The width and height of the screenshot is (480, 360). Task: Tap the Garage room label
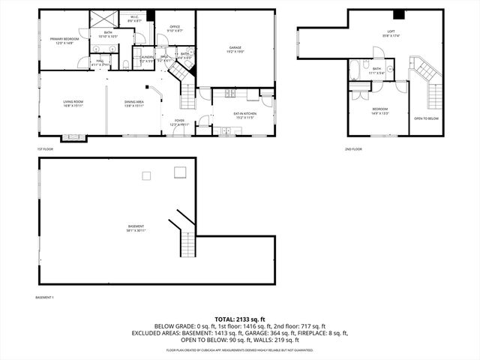[235, 48]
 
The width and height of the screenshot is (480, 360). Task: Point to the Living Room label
[73, 102]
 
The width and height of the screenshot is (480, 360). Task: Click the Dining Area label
[134, 102]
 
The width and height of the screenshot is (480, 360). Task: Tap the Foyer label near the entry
[179, 121]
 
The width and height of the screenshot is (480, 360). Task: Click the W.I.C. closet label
[134, 16]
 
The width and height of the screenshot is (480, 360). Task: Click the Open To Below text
[426, 118]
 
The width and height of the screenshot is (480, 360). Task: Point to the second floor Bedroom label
[380, 110]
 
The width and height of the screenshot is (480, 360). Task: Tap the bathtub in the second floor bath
[353, 72]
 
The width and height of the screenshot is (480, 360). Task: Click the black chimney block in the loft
[398, 14]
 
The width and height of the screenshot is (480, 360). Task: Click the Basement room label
[136, 227]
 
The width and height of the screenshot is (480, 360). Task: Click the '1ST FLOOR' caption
[45, 149]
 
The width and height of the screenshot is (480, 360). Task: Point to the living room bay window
[73, 137]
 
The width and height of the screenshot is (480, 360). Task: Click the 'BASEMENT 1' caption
[44, 298]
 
